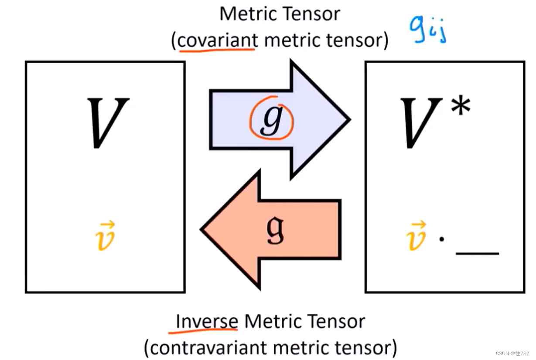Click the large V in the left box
(x=108, y=123)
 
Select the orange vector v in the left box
(x=106, y=236)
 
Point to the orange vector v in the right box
(x=417, y=236)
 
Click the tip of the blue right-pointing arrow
(x=348, y=119)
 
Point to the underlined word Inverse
(x=207, y=322)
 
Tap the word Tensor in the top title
(x=311, y=14)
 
